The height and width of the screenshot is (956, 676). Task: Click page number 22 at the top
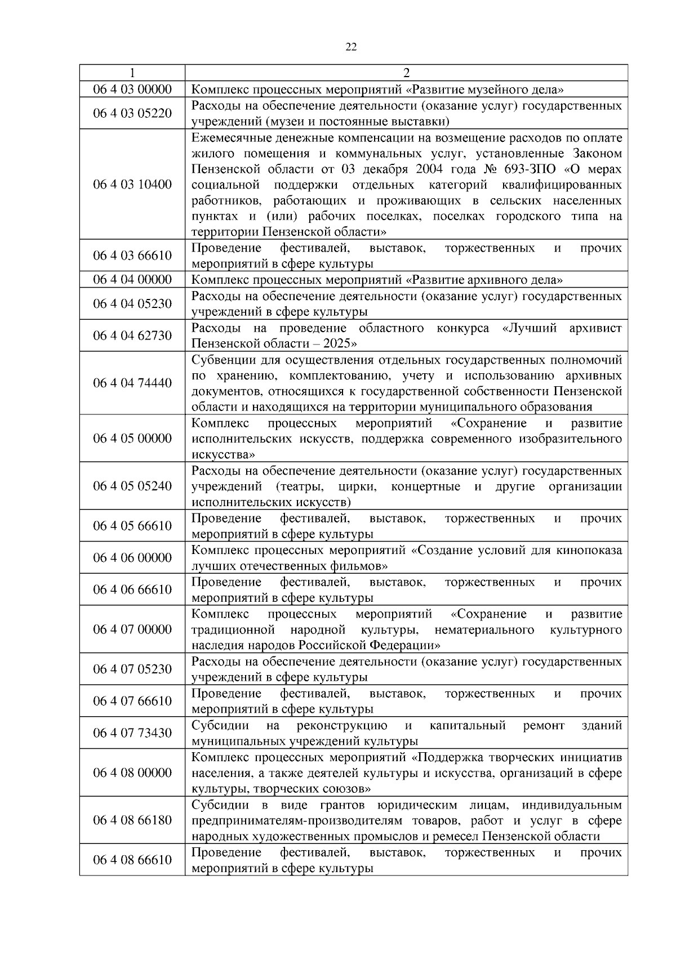coord(350,47)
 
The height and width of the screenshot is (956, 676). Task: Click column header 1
coord(132,73)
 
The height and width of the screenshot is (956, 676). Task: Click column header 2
coord(406,73)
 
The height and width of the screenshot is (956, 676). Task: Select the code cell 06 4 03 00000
coord(132,90)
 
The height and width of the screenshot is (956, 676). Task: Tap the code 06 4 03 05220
coord(132,113)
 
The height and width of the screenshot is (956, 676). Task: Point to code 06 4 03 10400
coord(132,185)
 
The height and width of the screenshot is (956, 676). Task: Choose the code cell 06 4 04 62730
coord(132,336)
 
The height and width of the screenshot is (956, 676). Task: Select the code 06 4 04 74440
coord(132,383)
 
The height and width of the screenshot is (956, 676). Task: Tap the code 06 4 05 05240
coord(132,486)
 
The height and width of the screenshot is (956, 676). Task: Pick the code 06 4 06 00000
coord(132,557)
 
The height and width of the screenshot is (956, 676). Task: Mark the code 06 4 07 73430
coord(132,732)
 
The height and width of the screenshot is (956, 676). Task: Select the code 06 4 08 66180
coord(132,820)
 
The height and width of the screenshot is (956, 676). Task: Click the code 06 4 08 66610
coord(132,860)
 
